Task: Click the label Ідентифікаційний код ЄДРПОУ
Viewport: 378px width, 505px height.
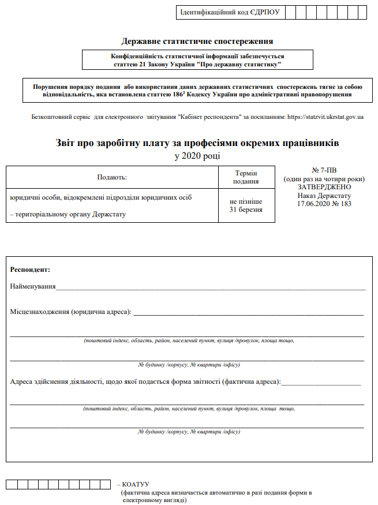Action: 230,12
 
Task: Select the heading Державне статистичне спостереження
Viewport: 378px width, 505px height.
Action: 197,41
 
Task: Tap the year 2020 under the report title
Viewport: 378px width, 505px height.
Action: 197,156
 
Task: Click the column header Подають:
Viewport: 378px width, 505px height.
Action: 112,177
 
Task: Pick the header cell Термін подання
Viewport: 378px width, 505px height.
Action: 246,177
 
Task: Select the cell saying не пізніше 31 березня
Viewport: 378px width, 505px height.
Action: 246,205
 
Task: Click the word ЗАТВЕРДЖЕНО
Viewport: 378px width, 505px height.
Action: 323,187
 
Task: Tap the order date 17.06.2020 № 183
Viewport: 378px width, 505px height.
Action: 323,204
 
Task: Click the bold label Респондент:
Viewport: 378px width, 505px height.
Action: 30,270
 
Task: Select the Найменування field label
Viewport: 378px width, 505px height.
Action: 33,286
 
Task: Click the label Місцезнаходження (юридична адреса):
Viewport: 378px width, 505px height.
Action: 71,312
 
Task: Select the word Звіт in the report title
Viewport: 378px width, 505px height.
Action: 68,142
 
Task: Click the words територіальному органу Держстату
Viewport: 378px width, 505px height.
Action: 79,215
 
